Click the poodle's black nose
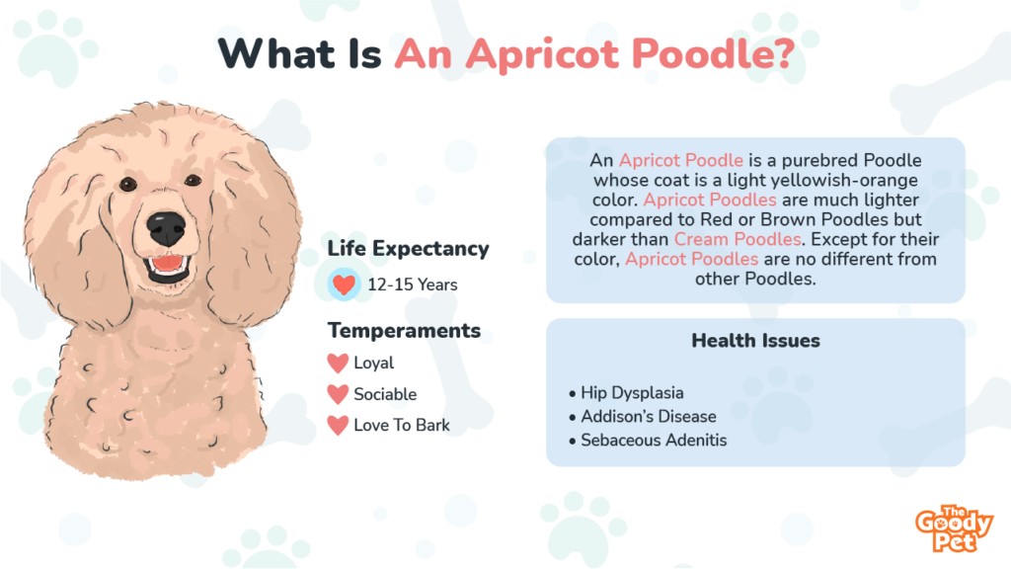coord(165,229)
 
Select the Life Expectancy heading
coord(408,249)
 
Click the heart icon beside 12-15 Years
coord(343,285)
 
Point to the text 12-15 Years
coord(412,285)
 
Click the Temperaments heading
coord(404,330)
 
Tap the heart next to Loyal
coord(338,364)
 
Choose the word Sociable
coord(385,394)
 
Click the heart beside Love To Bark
coord(338,426)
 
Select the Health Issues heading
coord(755,341)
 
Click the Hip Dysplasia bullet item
coord(632,393)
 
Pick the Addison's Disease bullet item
coord(648,416)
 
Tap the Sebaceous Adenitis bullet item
coord(653,440)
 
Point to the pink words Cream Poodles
coord(736,239)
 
